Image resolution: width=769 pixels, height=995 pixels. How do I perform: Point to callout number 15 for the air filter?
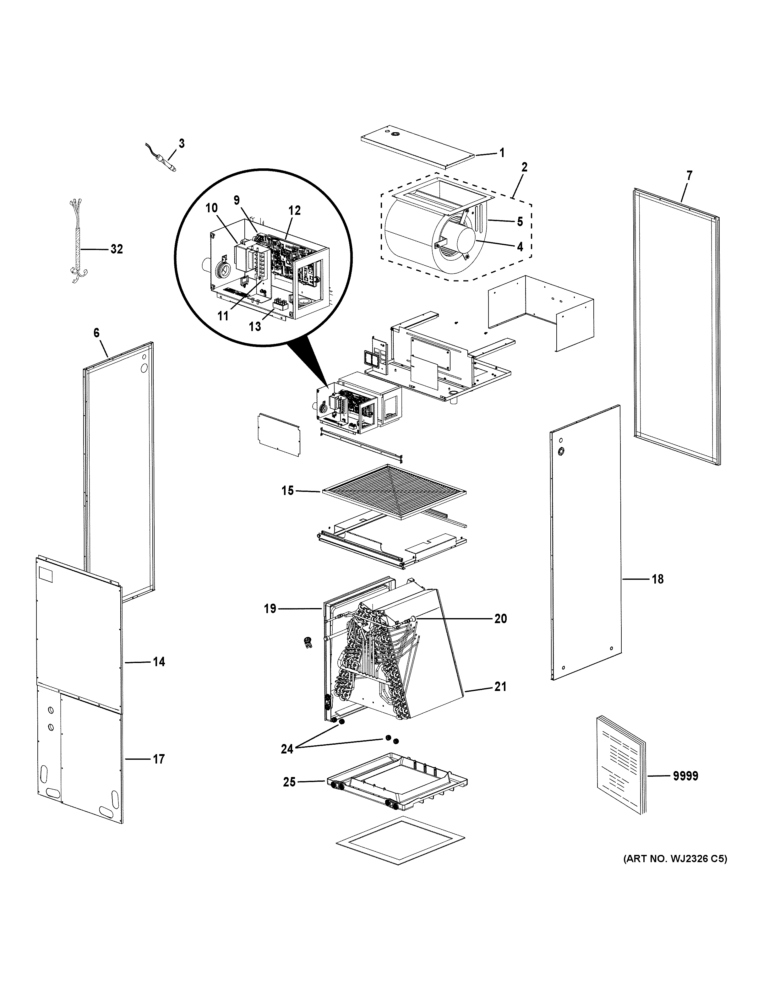pos(287,491)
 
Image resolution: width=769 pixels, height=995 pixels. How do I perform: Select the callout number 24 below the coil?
pos(287,748)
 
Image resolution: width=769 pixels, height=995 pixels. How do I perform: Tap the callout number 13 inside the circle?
pos(255,326)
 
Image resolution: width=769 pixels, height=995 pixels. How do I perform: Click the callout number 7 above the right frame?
pos(689,175)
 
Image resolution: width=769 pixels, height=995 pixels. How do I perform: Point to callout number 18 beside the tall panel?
pos(657,579)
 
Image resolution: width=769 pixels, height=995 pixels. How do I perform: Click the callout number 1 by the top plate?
pos(502,153)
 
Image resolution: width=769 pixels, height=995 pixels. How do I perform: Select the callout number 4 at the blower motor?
pos(520,247)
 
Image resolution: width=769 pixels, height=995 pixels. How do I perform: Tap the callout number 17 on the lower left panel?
pos(158,759)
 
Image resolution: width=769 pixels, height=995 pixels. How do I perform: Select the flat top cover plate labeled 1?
pos(417,150)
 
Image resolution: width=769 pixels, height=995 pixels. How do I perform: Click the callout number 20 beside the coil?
pos(501,619)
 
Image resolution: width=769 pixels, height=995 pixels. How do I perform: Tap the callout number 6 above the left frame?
pos(96,333)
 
